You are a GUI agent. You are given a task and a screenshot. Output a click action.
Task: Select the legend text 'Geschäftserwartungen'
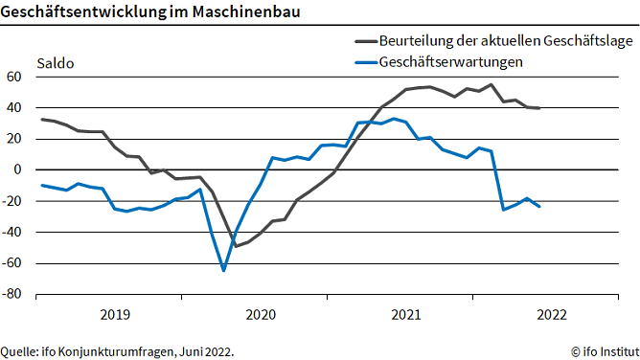(453, 62)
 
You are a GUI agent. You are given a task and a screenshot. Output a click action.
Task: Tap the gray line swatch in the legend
(364, 41)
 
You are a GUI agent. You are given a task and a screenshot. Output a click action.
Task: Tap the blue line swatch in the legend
(364, 62)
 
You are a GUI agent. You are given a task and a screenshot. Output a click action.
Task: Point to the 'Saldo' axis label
(56, 64)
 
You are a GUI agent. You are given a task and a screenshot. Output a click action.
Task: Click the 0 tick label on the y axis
(17, 169)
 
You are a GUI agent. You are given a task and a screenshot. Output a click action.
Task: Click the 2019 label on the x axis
(115, 314)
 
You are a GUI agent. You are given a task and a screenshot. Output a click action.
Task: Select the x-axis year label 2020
(261, 314)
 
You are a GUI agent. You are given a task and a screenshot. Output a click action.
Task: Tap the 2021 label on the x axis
(406, 314)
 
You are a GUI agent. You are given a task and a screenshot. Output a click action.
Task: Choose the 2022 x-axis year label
(552, 314)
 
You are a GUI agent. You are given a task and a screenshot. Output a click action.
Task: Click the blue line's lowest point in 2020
(224, 270)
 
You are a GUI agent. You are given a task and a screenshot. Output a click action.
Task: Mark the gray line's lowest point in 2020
(236, 246)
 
